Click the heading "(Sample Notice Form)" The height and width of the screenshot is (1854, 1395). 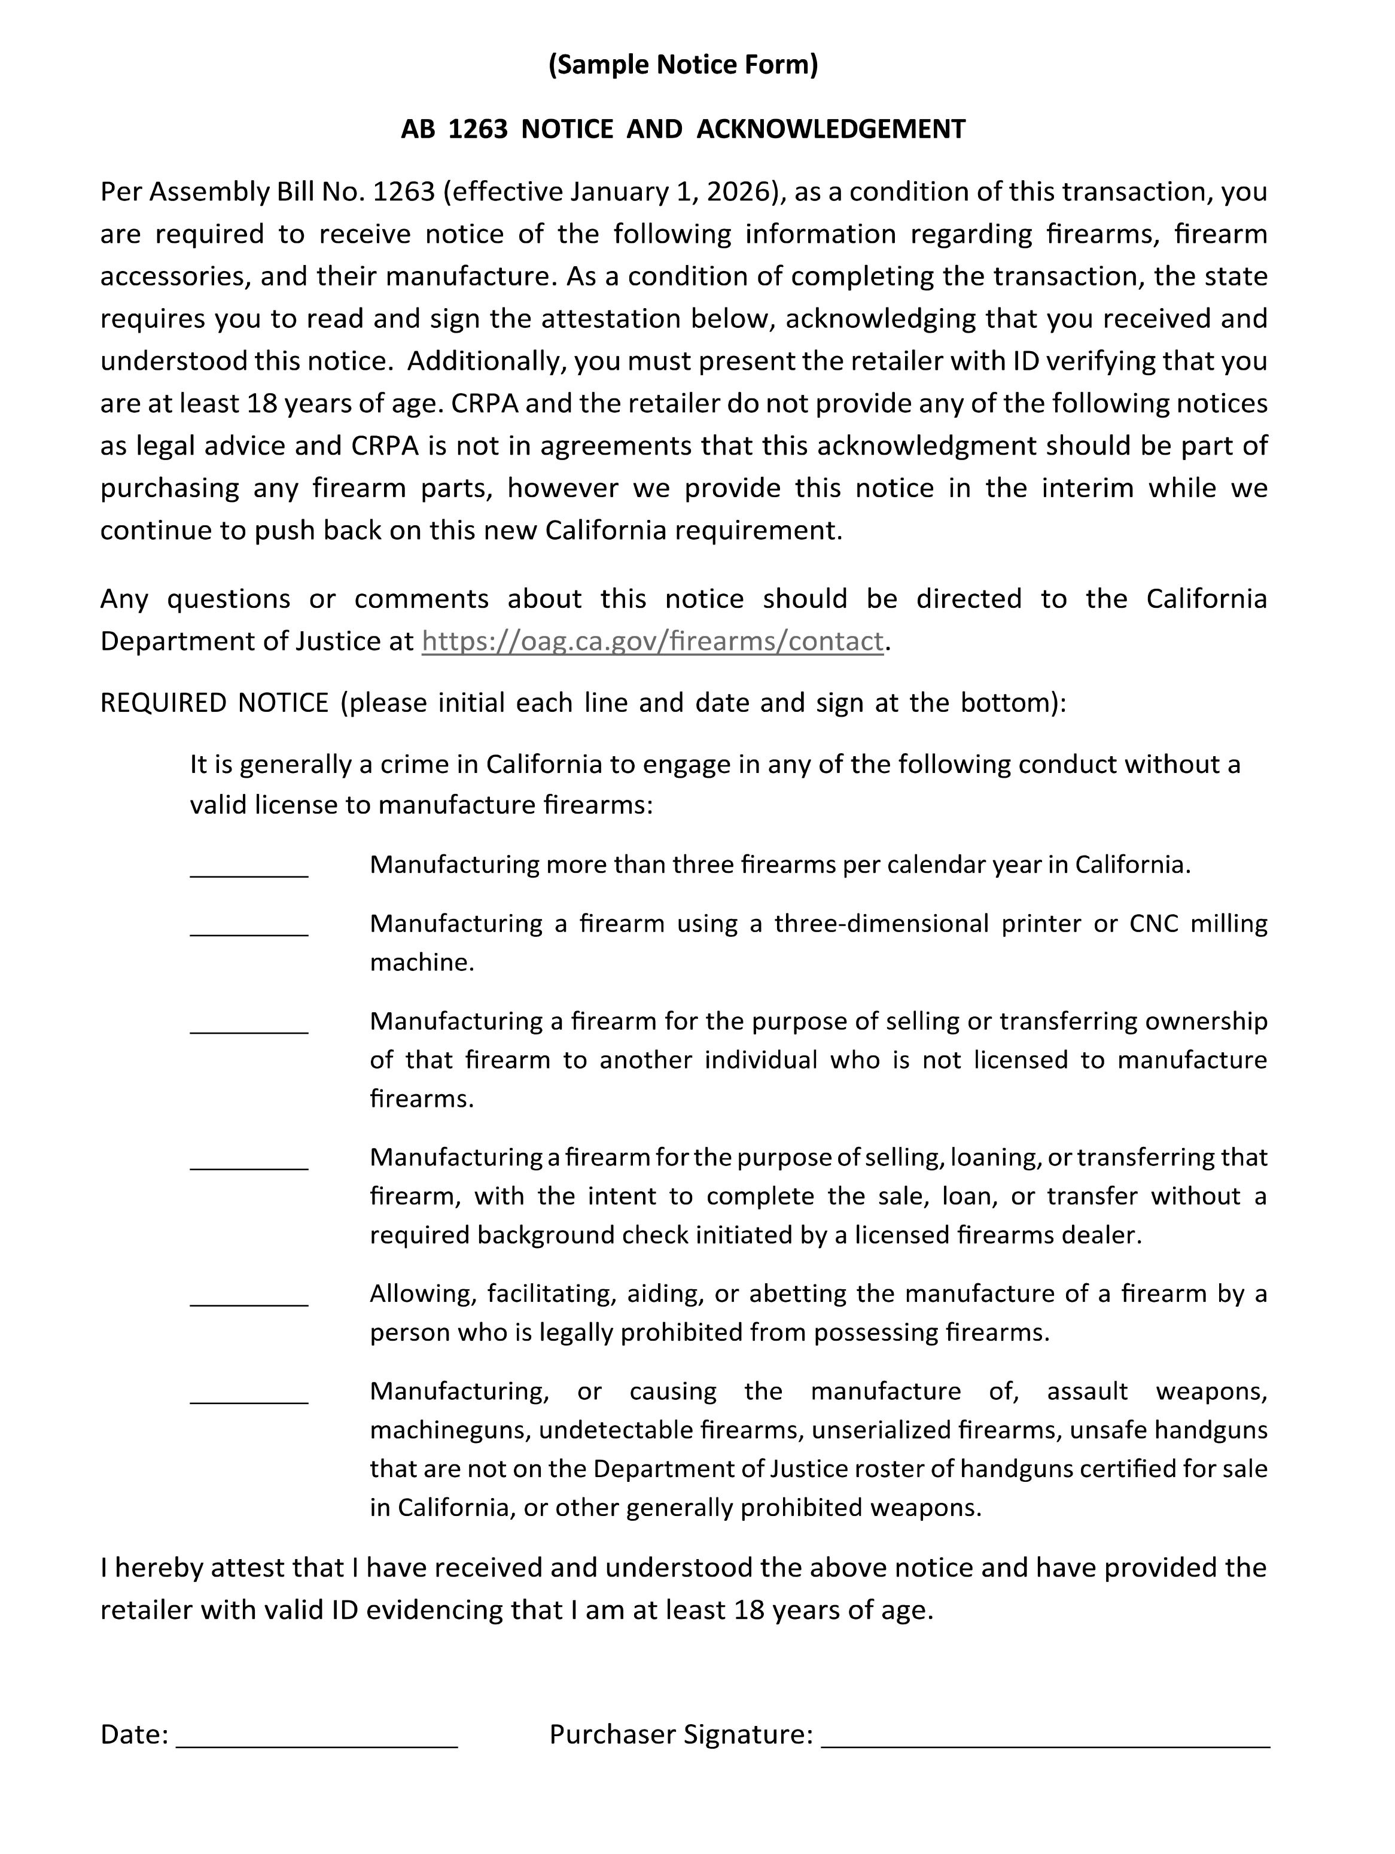click(683, 65)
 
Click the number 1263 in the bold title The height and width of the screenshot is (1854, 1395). click(477, 129)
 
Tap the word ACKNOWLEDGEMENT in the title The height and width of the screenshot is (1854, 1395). click(830, 129)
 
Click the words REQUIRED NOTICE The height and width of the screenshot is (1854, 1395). click(215, 702)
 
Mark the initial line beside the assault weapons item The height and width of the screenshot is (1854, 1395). click(249, 1395)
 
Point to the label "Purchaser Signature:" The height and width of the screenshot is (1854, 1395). click(680, 1734)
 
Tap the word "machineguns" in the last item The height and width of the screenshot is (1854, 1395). click(448, 1430)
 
